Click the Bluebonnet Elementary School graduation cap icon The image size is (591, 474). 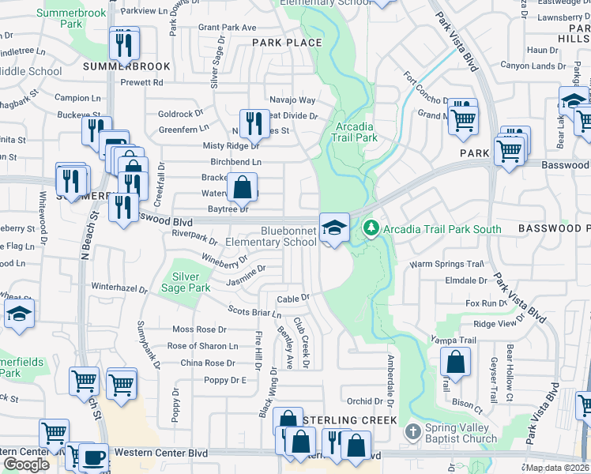pos(334,228)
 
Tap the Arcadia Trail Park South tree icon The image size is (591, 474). pos(371,228)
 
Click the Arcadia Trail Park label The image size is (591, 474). pos(356,132)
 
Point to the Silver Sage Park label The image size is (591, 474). pos(191,283)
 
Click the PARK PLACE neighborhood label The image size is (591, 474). pos(287,43)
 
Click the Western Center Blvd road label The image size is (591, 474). pos(163,453)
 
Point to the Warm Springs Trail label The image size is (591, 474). pos(446,264)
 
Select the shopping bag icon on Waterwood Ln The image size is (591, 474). pos(243,189)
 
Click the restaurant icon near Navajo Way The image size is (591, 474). pos(254,122)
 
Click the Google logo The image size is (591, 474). pos(26,464)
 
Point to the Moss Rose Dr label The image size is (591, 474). pos(199,329)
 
